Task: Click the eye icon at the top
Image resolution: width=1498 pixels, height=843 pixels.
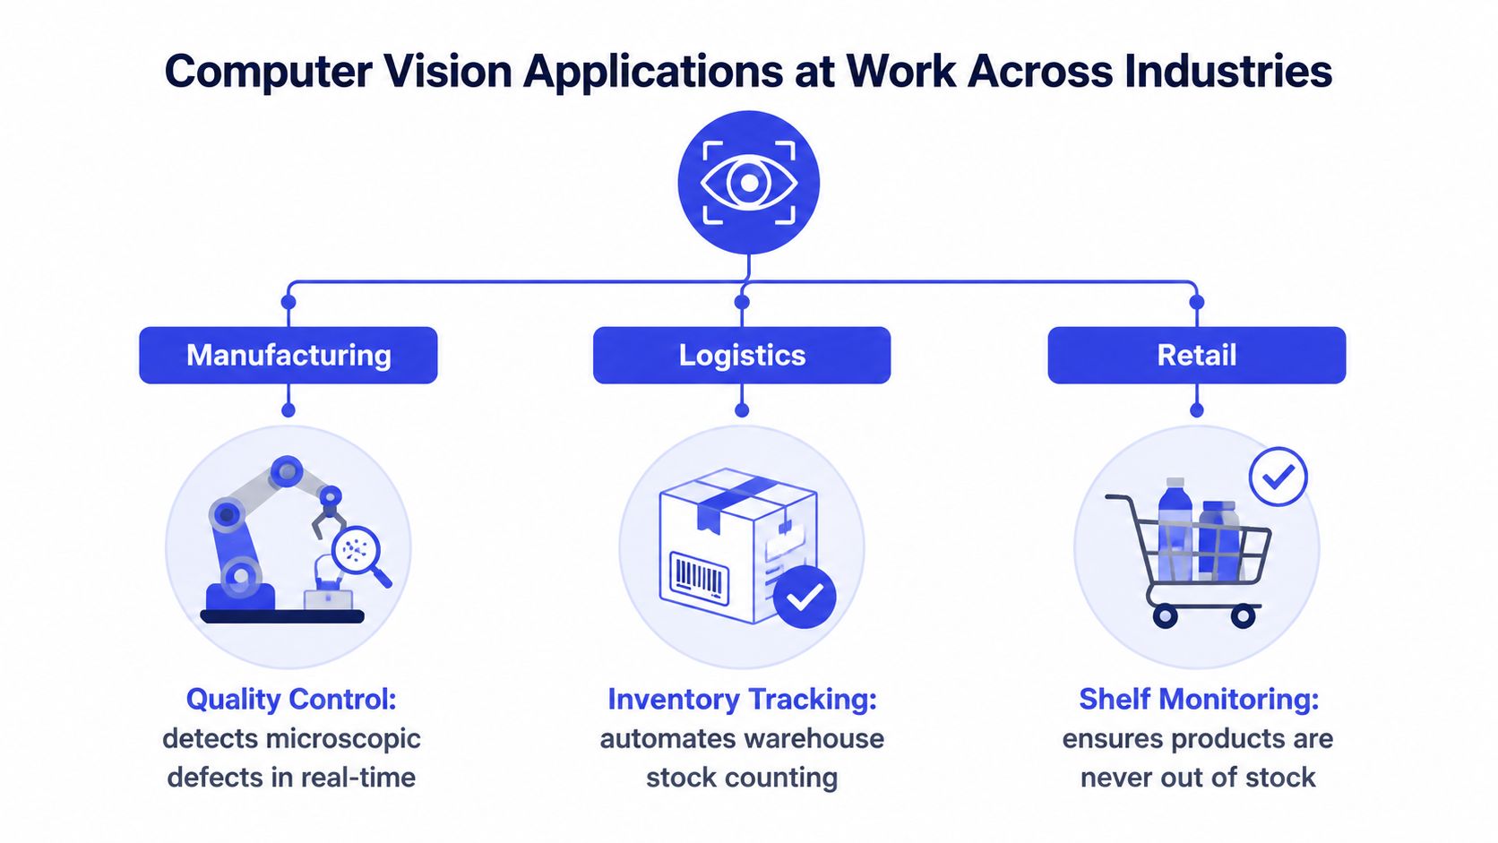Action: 748,182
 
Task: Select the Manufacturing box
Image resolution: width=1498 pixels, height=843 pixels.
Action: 288,355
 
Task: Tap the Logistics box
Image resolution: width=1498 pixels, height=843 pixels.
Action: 742,355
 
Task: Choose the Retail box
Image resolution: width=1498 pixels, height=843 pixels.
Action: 1196,355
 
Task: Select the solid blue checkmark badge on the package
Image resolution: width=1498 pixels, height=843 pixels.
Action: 805,597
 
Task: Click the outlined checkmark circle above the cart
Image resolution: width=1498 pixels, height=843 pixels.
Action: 1278,477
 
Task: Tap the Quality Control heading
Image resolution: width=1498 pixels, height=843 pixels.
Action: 291,700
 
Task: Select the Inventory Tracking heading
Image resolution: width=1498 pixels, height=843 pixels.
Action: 742,700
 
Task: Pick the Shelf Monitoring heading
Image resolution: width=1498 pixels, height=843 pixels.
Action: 1199,700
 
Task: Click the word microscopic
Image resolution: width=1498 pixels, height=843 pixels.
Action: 343,739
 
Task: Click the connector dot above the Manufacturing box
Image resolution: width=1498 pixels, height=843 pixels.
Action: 288,302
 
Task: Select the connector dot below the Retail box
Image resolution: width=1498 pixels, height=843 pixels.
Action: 1196,409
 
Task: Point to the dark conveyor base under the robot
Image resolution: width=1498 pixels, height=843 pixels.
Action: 282,616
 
